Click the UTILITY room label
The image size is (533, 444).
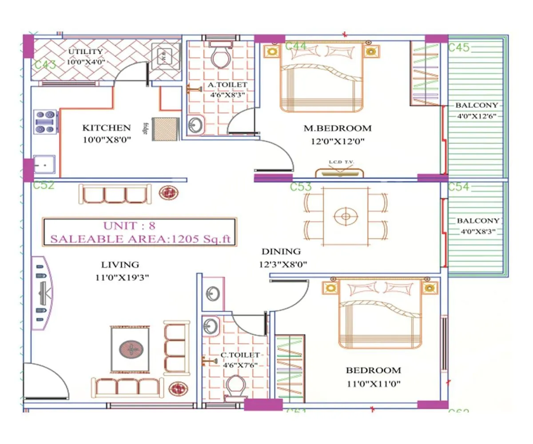[x=85, y=52]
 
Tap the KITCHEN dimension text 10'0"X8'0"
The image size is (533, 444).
[x=107, y=139]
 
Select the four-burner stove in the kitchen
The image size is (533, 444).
[x=46, y=121]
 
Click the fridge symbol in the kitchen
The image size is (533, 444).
[x=166, y=129]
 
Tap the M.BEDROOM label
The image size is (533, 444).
[x=338, y=128]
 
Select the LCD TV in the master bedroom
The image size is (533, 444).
[x=339, y=172]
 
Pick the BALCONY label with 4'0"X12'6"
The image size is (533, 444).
[x=476, y=106]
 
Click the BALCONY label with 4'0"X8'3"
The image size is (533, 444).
[x=478, y=221]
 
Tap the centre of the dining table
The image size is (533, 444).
[x=346, y=217]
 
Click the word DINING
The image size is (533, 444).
[x=281, y=251]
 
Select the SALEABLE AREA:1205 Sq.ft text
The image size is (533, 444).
[x=140, y=239]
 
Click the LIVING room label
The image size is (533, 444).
[x=120, y=265]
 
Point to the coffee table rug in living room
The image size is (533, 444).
[x=131, y=349]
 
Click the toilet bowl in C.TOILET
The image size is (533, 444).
[x=235, y=387]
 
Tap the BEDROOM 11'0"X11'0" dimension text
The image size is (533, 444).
[x=373, y=384]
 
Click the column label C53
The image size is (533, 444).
[x=301, y=187]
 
